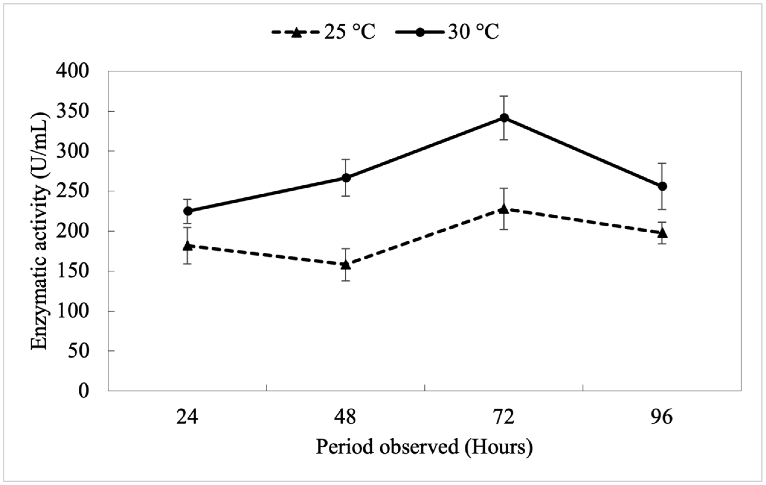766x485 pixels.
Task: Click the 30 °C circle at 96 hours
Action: pyautogui.click(x=662, y=186)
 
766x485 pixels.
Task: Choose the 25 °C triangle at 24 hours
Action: pyautogui.click(x=188, y=246)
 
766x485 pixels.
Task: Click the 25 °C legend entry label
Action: pyautogui.click(x=350, y=32)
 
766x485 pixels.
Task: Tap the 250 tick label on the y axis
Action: pyautogui.click(x=73, y=192)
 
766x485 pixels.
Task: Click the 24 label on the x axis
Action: pyautogui.click(x=187, y=417)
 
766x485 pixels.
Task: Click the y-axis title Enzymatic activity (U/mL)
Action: pyautogui.click(x=41, y=231)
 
